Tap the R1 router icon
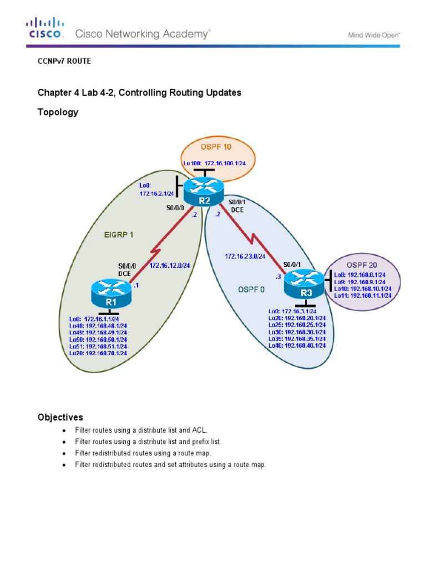pos(111,292)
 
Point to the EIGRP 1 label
pos(119,235)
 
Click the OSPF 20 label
pos(361,264)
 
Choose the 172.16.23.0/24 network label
pos(245,256)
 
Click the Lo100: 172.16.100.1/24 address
pos(215,163)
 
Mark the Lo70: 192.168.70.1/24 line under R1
pos(98,353)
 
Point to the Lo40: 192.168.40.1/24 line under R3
pos(297,345)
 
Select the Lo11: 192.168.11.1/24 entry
pos(363,296)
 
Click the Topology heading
pos(58,112)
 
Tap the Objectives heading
pos(60,417)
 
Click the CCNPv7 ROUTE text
pos(64,62)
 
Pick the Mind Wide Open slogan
pos(374,34)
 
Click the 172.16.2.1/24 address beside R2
pos(156,194)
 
